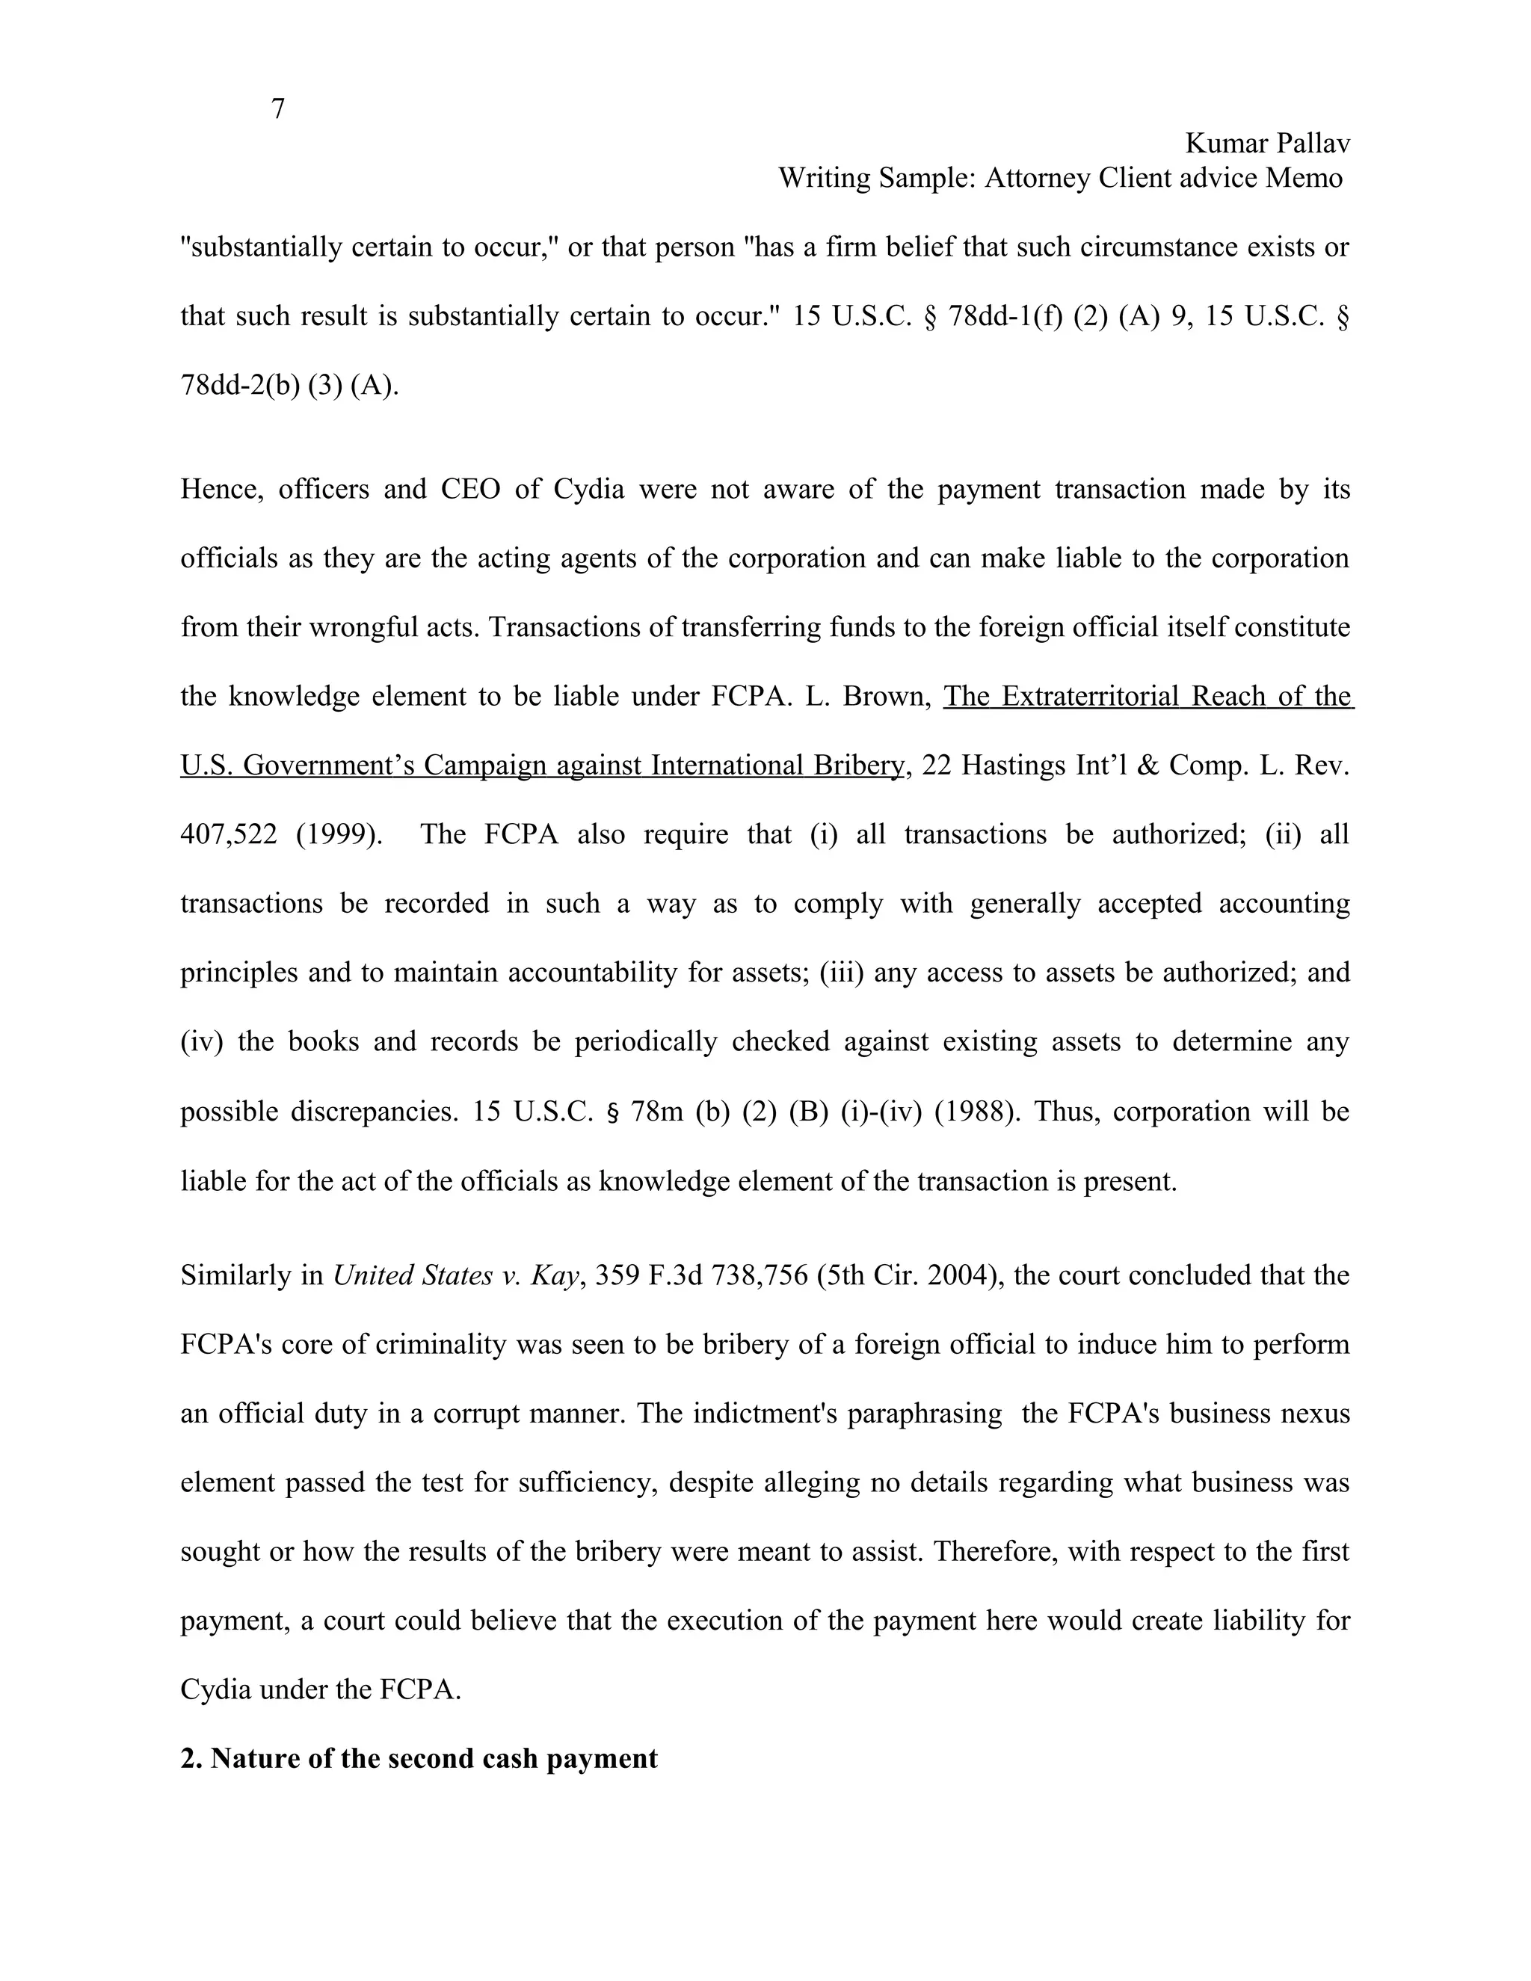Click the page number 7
point(277,109)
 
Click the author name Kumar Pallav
point(1267,144)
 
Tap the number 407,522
point(229,834)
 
